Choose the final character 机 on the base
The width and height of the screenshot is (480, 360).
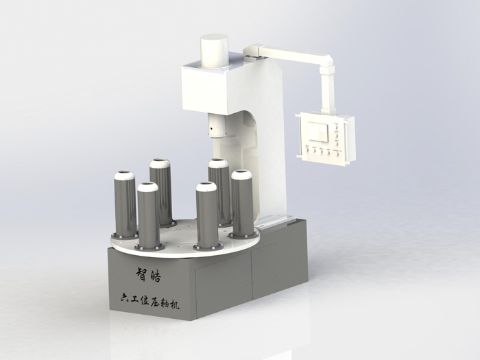[174, 305]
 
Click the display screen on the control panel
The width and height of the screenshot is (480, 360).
[318, 132]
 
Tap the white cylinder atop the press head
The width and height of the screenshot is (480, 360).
[214, 51]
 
